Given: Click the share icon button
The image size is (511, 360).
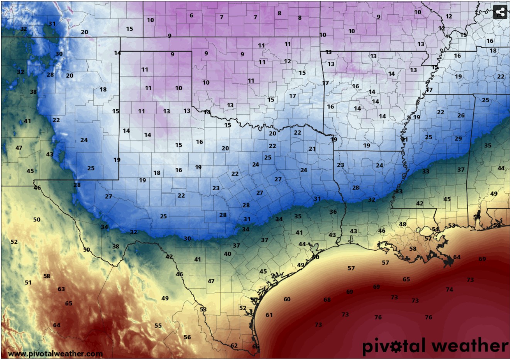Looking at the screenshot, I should pos(500,12).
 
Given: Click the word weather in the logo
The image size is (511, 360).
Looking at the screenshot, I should pos(470,345).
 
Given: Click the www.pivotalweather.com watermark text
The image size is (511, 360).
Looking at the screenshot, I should pos(55,353).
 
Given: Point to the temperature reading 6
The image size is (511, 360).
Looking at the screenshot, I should pos(191,16).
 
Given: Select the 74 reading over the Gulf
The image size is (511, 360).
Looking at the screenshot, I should pos(449,289).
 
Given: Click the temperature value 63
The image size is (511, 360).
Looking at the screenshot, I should pos(61,289).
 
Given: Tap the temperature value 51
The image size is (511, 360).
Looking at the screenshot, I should pos(28,282).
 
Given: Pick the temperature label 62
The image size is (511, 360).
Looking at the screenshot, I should pos(234,345).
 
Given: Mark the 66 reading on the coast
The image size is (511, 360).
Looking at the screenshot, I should pos(255,346).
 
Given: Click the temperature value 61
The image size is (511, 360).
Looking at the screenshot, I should pos(269,315).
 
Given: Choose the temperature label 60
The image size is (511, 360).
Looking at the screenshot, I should pos(287,299).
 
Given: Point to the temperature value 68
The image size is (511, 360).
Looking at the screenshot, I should pos(327,300).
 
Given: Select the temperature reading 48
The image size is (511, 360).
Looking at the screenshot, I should pos(403,224).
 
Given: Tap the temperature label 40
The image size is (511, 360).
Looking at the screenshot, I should pos(228,254).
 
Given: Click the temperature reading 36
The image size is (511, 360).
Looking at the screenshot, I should pos(333,212).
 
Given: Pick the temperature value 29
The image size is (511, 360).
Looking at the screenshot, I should pos(458,139).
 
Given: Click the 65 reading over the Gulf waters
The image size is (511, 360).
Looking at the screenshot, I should pos(406,279).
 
